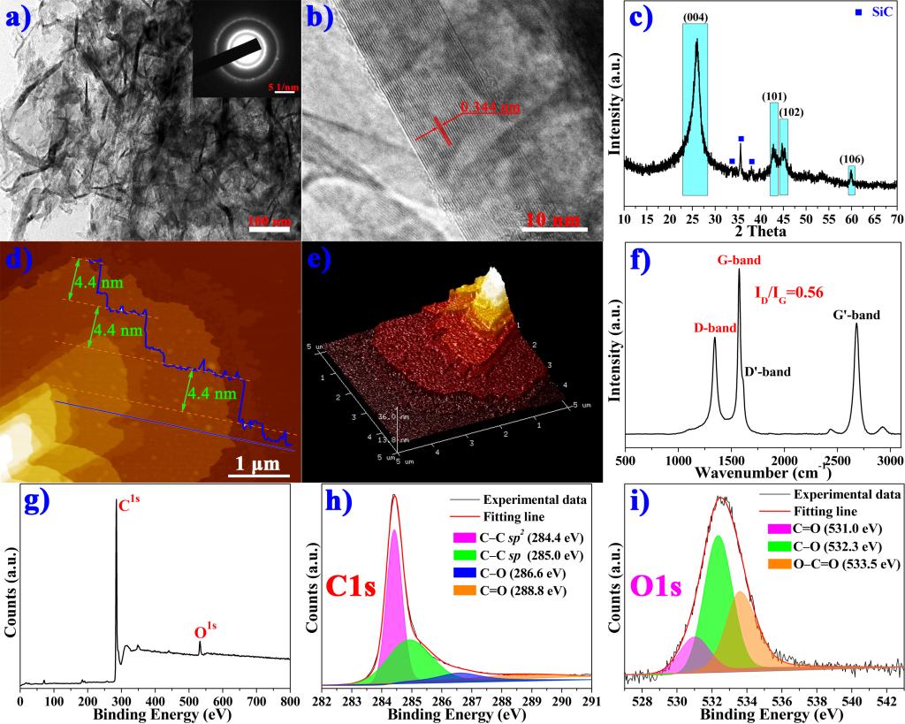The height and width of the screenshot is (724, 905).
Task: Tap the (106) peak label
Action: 852,159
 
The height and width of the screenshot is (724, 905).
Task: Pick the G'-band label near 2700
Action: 856,314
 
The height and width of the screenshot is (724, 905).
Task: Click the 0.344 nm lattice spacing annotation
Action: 491,108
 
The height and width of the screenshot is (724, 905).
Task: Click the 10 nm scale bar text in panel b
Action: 553,218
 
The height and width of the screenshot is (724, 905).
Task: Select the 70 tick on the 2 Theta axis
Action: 894,218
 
